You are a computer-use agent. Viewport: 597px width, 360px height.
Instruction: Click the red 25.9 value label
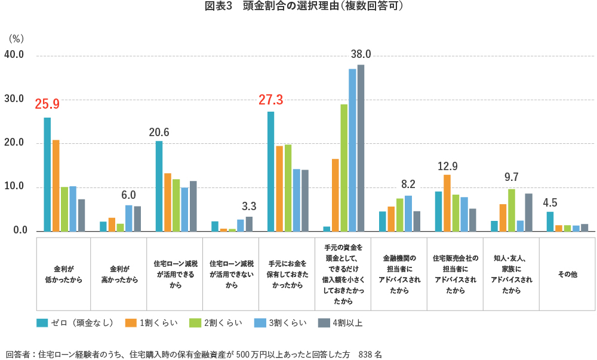47,104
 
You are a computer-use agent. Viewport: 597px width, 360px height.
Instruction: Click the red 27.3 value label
270,100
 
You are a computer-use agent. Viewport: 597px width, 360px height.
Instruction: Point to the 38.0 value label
361,54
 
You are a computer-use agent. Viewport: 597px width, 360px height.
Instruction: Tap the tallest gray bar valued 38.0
361,148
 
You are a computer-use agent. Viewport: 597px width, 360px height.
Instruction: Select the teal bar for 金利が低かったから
47,174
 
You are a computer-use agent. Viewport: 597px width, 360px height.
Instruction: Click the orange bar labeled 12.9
447,203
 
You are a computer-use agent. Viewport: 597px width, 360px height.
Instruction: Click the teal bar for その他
550,221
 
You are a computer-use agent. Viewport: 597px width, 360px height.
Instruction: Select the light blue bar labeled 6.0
128,218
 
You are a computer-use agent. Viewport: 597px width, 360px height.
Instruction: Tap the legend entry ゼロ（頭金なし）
75,323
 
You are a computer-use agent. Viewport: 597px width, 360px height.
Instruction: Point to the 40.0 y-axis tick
14,55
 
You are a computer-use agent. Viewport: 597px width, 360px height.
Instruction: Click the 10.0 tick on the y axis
14,187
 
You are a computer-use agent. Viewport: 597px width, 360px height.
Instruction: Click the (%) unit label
16,39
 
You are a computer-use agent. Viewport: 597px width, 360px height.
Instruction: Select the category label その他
567,275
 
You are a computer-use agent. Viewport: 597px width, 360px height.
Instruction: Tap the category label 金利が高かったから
119,275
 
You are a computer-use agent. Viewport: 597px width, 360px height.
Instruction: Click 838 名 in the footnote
370,354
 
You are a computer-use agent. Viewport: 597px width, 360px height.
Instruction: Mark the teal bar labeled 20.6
159,186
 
